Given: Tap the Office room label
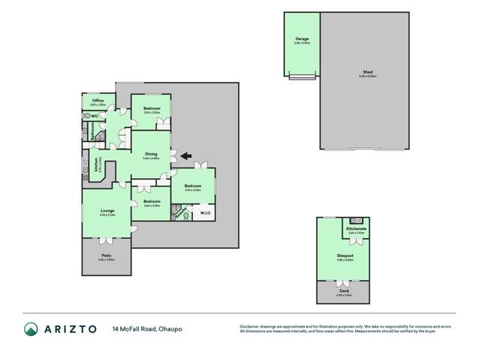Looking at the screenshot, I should [98, 100].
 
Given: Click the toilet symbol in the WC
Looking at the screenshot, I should [88, 116].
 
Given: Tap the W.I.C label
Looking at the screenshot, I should [204, 214].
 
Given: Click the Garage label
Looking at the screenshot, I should [302, 38].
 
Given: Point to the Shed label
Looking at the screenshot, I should [367, 73].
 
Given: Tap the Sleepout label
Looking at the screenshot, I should [345, 256].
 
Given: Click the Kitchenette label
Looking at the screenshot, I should [356, 228].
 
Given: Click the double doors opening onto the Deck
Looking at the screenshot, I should [344, 280].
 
